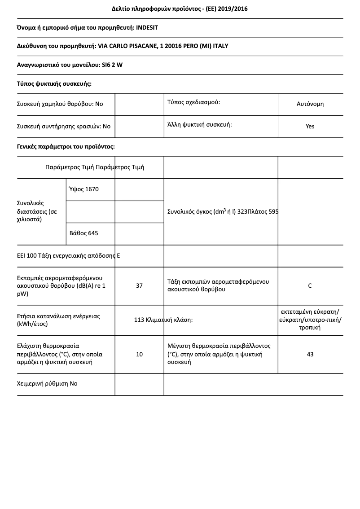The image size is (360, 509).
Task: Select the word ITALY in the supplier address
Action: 220,46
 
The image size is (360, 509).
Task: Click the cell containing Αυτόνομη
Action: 310,104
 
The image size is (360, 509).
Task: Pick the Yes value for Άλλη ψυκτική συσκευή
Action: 310,126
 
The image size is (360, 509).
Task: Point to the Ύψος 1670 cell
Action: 84,189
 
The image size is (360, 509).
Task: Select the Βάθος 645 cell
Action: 84,233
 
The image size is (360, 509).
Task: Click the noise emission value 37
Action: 139,285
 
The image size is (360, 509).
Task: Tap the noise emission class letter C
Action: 310,285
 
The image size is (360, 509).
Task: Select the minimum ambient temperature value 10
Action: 139,354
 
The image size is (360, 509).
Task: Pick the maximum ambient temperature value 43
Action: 310,354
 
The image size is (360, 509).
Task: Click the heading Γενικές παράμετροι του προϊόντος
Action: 66,146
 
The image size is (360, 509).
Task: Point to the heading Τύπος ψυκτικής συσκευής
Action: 54,83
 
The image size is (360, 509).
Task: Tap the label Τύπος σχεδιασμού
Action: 193,102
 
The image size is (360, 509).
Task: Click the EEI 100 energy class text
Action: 68,256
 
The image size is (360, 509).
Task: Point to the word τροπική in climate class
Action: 310,328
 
